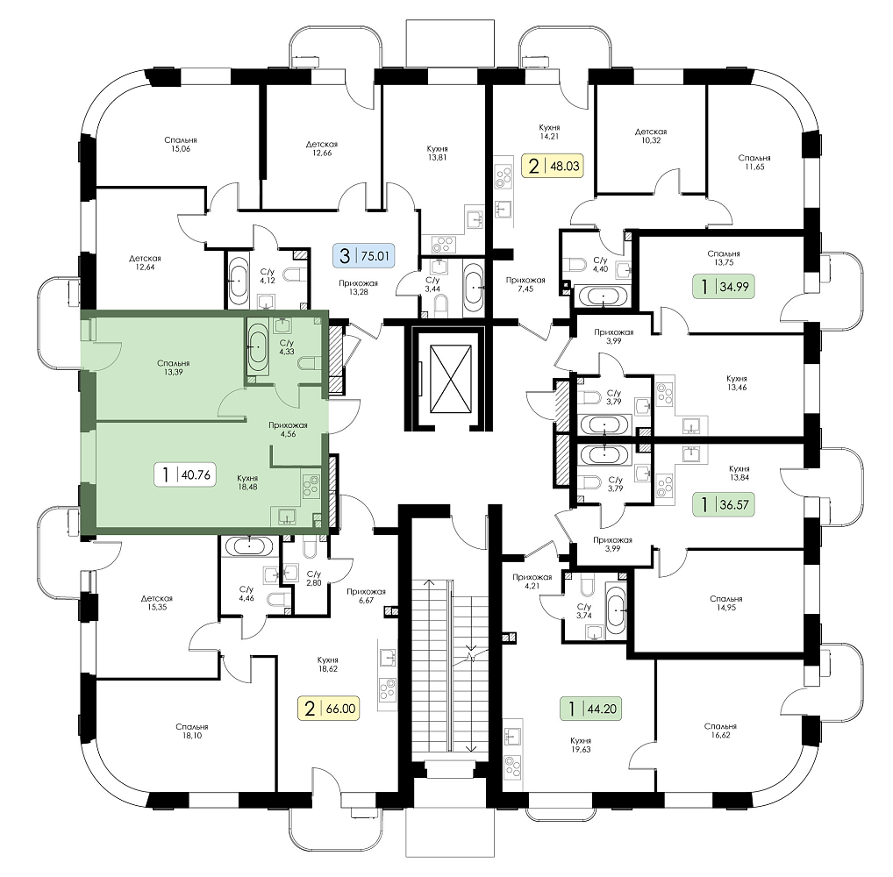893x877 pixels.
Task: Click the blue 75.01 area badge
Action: (x=363, y=256)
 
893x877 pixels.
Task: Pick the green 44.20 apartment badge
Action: (x=590, y=709)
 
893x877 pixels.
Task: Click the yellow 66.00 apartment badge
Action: (x=329, y=709)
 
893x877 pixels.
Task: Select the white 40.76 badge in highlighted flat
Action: (x=186, y=474)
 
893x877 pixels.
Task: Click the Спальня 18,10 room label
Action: (x=192, y=731)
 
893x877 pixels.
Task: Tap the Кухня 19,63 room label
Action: (x=581, y=745)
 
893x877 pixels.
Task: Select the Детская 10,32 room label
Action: (x=651, y=136)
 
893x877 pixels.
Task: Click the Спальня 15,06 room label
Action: (x=181, y=144)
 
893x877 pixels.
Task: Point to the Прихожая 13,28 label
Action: (x=358, y=288)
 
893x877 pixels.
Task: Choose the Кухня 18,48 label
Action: (x=248, y=482)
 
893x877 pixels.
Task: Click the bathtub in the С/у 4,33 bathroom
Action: (x=257, y=346)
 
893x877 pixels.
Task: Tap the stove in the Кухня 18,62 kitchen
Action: (x=389, y=689)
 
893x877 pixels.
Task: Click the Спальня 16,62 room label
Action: (x=720, y=731)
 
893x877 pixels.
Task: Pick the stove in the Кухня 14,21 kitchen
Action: (x=504, y=176)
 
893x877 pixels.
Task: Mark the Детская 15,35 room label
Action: (x=157, y=602)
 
